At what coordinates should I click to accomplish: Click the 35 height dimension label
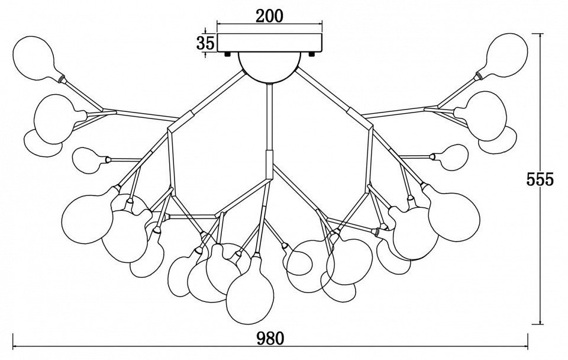[x=205, y=43]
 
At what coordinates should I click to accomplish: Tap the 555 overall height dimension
[x=540, y=179]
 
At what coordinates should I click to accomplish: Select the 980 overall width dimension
[x=270, y=338]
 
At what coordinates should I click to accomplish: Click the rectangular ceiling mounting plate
[x=269, y=43]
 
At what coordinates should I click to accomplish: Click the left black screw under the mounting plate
[x=228, y=54]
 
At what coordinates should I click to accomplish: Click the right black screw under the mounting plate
[x=311, y=54]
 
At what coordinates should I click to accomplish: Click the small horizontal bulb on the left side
[x=90, y=160]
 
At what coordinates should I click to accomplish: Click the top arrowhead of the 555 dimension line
[x=541, y=36]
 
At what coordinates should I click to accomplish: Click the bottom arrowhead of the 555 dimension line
[x=541, y=322]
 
